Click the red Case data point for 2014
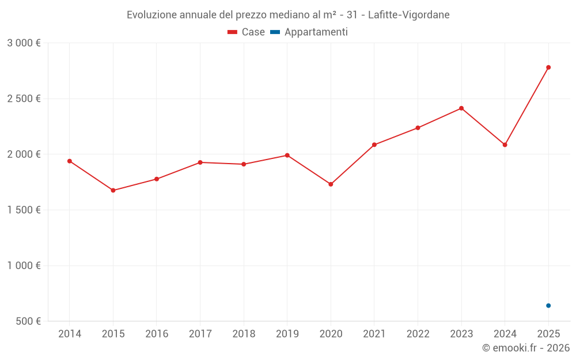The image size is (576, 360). (70, 161)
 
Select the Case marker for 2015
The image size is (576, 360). (113, 191)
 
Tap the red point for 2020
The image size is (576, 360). (331, 184)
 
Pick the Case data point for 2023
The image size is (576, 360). (461, 108)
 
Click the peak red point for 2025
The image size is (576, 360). (548, 67)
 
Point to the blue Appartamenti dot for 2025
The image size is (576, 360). (548, 305)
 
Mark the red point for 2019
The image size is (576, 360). (287, 156)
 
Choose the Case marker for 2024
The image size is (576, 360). (505, 145)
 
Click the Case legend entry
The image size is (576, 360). (247, 32)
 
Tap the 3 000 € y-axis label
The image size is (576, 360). (24, 43)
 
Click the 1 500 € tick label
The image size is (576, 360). (24, 210)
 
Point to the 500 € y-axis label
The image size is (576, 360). (28, 321)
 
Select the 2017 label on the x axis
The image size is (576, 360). (200, 334)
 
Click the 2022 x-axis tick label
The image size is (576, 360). (418, 334)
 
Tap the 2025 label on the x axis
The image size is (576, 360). (548, 334)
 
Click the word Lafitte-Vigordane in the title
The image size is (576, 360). (408, 15)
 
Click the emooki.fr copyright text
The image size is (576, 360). (526, 348)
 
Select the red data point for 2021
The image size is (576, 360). (374, 145)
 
